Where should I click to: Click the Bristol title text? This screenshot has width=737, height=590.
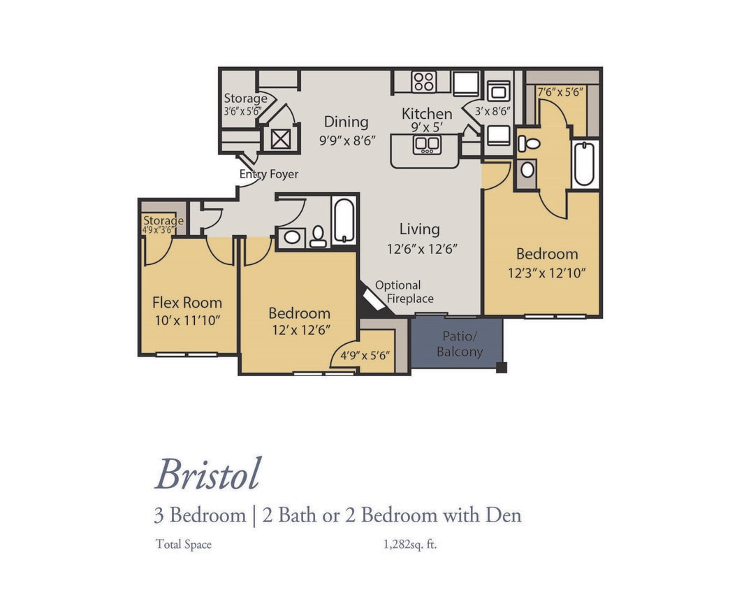[x=208, y=475]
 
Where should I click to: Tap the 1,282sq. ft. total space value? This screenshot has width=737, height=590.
[x=410, y=545]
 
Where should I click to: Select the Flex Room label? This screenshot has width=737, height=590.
[x=187, y=303]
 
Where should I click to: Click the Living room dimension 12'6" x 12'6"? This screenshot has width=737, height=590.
[x=422, y=248]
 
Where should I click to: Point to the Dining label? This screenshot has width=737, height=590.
[x=346, y=122]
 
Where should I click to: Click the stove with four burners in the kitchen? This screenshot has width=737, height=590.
[x=423, y=82]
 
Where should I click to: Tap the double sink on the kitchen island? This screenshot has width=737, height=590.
[x=426, y=145]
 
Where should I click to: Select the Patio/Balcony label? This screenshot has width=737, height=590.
[x=459, y=344]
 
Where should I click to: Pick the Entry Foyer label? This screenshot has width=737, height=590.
[x=269, y=174]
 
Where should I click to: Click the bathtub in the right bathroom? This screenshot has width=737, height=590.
[x=584, y=164]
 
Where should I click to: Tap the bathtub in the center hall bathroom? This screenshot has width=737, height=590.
[x=344, y=220]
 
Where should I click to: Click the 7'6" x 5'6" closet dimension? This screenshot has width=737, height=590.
[x=560, y=92]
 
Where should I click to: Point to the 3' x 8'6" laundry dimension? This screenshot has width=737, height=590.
[x=492, y=110]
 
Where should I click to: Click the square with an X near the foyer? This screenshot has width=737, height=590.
[x=280, y=139]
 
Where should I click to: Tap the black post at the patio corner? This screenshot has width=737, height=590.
[x=501, y=368]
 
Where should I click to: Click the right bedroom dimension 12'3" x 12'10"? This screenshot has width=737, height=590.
[x=546, y=273]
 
